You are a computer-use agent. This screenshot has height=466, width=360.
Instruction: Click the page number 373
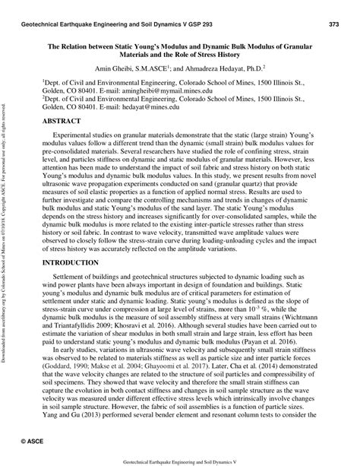(x=333, y=25)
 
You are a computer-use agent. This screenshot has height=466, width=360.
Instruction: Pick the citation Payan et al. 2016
(x=283, y=332)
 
